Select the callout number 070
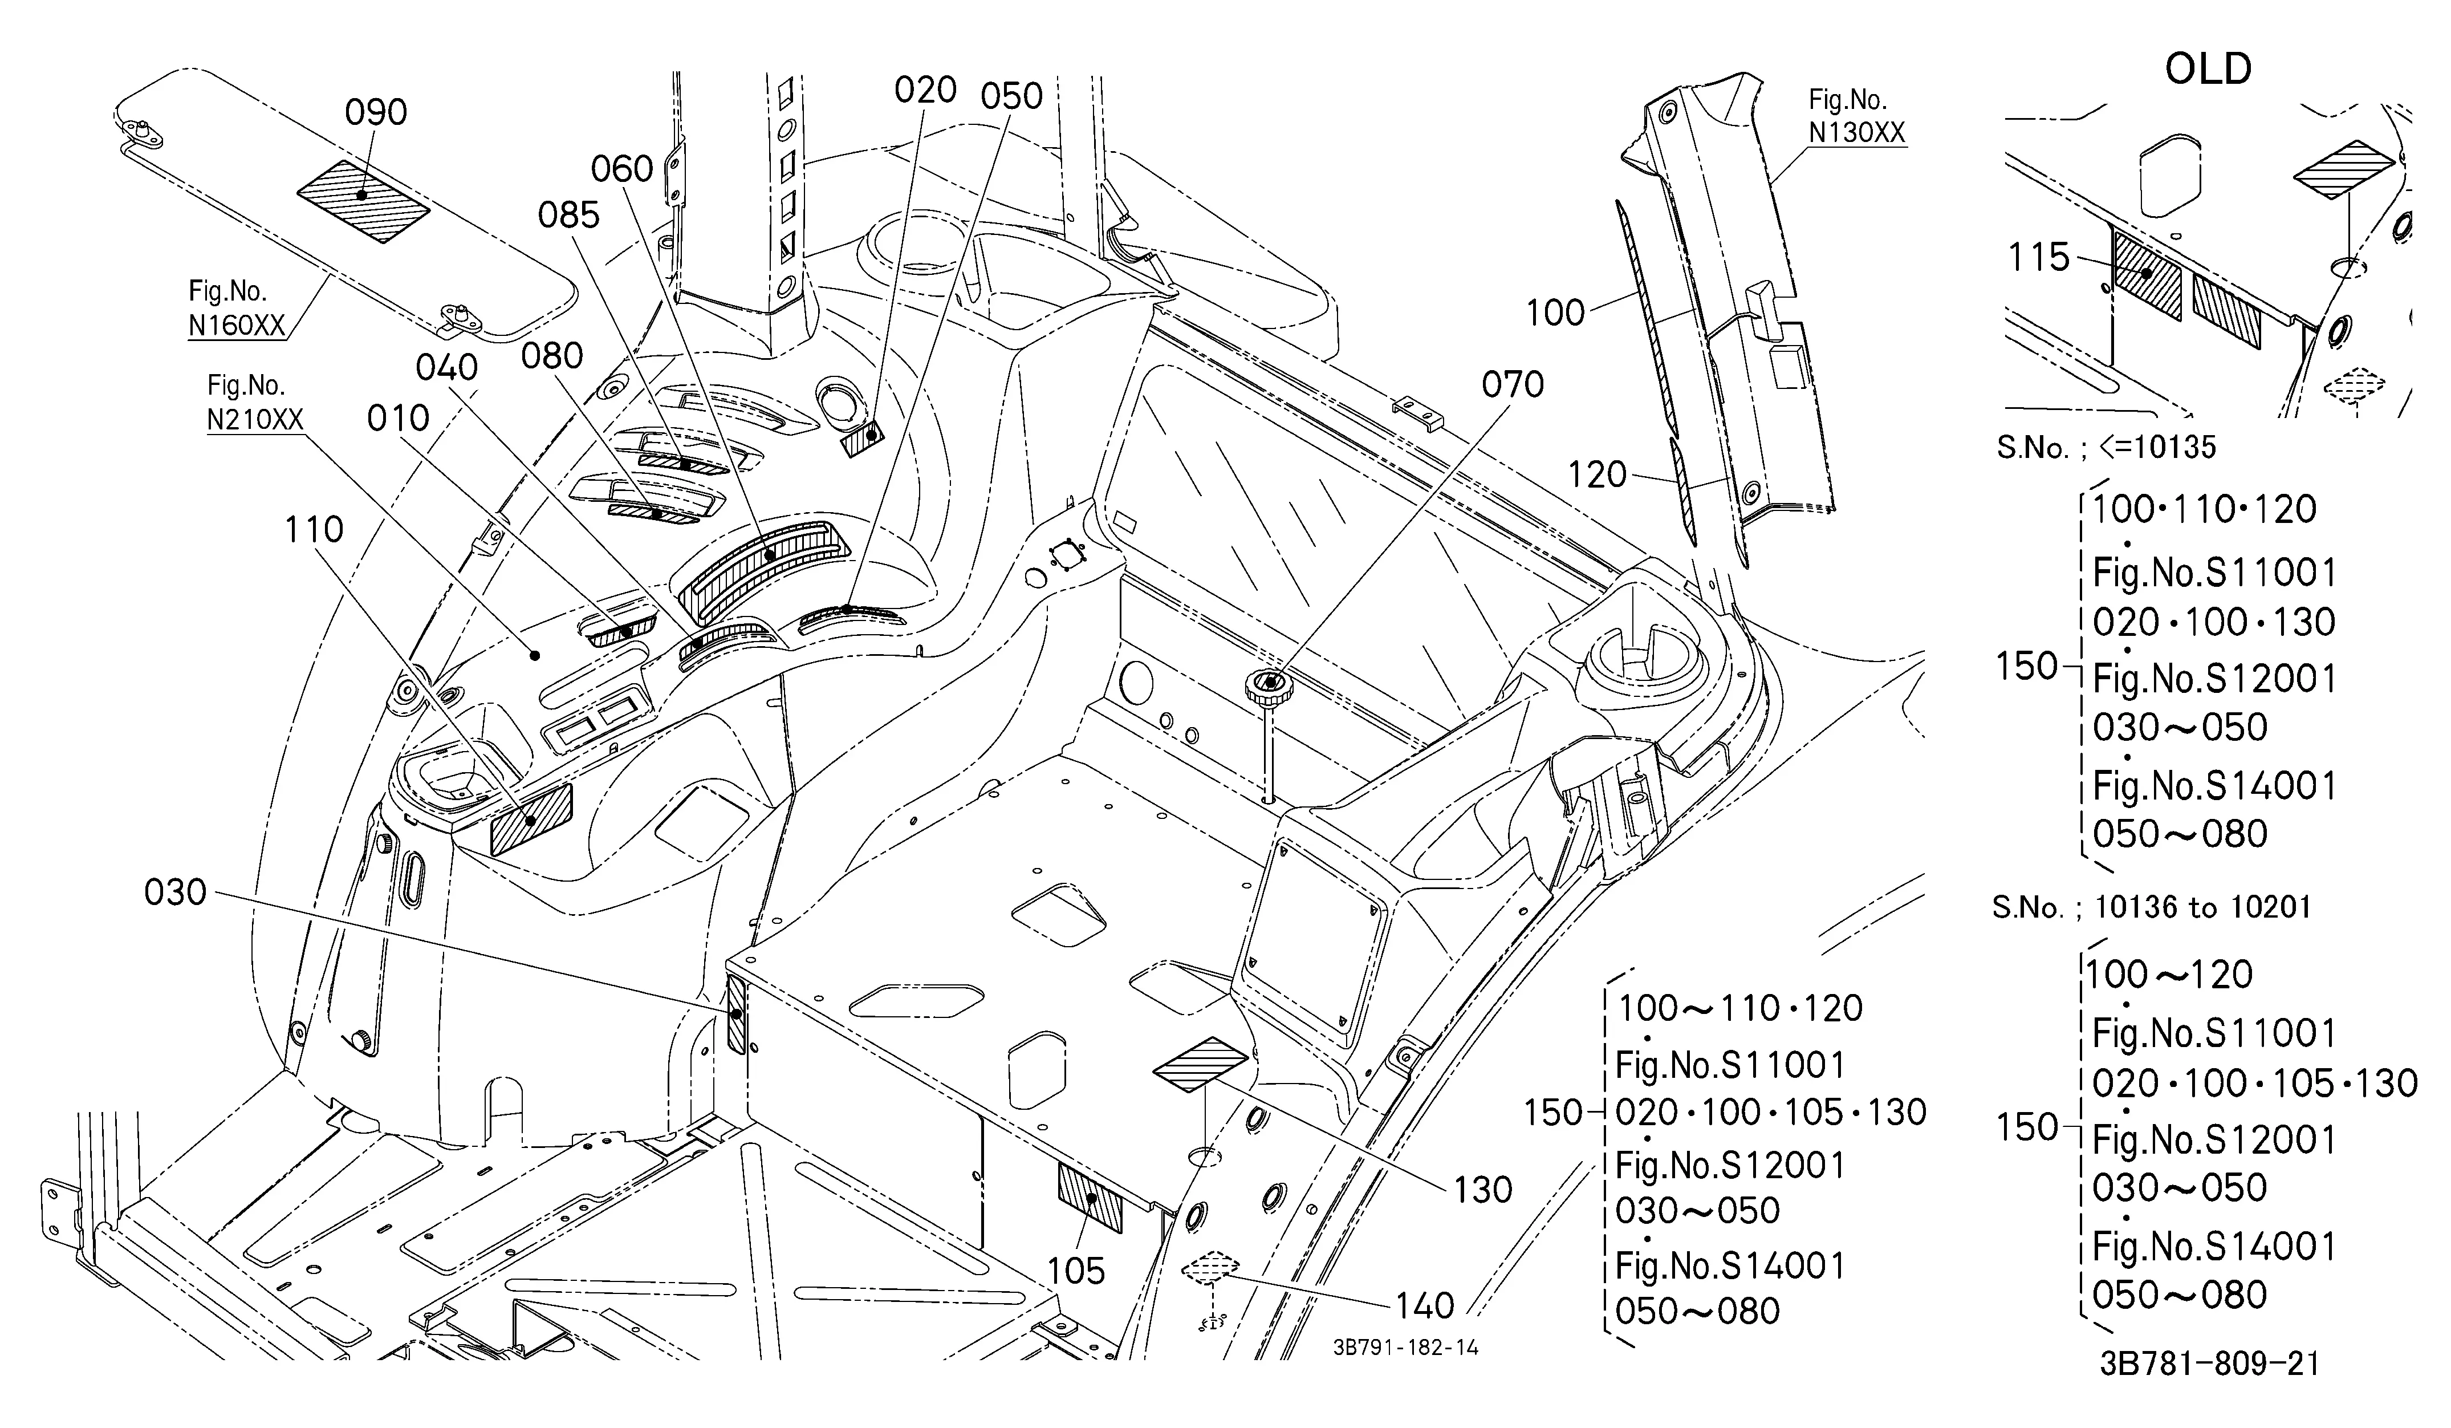click(x=1513, y=385)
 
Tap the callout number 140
click(x=1425, y=1305)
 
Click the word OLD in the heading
click(x=2208, y=69)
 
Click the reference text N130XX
click(x=1857, y=132)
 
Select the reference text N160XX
click(x=237, y=325)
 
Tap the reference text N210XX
click(x=255, y=419)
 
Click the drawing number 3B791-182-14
click(x=1405, y=1347)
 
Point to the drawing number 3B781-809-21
click(x=2209, y=1364)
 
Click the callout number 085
click(x=569, y=216)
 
